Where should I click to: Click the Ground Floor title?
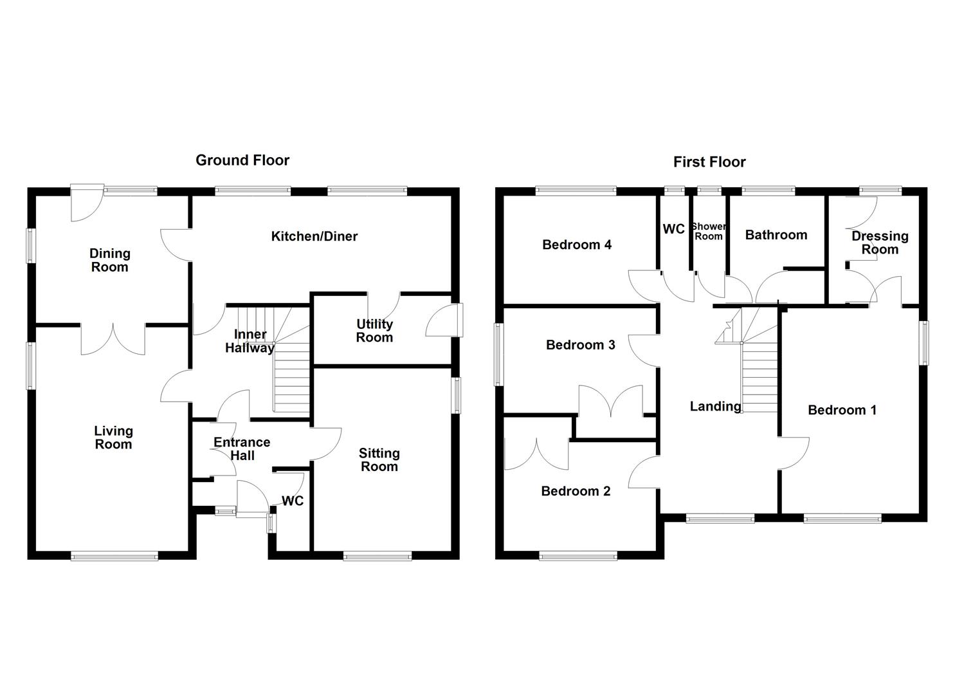[x=242, y=160]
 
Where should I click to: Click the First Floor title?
[x=709, y=162]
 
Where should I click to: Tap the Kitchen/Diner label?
[x=314, y=236]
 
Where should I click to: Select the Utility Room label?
[x=374, y=331]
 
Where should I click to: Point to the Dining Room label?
[x=110, y=261]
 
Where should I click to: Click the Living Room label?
[x=113, y=438]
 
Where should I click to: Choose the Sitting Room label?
[x=379, y=460]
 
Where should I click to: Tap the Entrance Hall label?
[x=242, y=449]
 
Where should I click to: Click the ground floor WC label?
[x=293, y=501]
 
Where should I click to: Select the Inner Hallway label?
[x=250, y=342]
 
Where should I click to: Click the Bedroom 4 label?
[x=577, y=245]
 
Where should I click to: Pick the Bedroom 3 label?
[x=580, y=345]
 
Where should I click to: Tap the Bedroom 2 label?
[x=576, y=492]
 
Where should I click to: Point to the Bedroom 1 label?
[x=842, y=410]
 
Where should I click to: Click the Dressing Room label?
[x=880, y=243]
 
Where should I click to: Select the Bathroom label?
[x=776, y=235]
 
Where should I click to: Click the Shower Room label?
[x=709, y=231]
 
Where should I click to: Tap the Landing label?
[x=715, y=406]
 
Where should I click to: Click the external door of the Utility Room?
[x=445, y=320]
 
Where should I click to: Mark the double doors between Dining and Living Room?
[x=114, y=338]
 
